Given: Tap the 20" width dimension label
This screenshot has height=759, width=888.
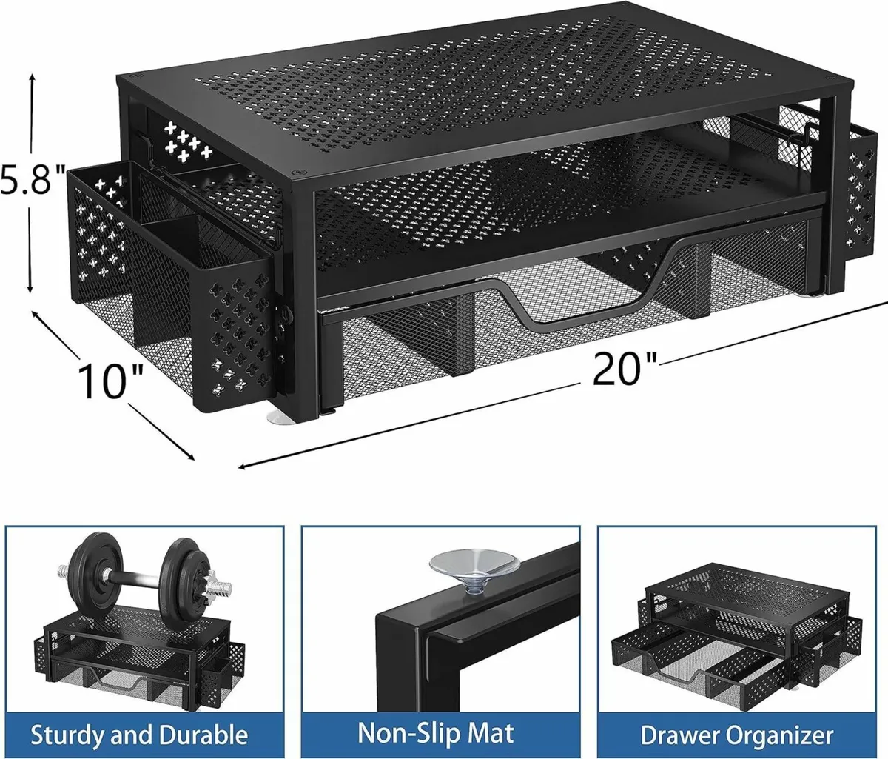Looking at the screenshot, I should click(625, 367).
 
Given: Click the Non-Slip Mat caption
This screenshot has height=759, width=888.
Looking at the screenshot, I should click(436, 733).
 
